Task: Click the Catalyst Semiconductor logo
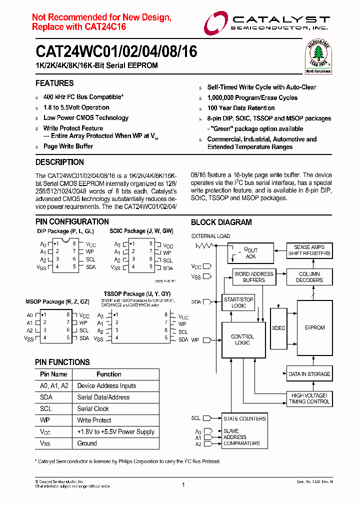tap(266, 23)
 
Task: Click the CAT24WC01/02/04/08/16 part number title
tap(116, 51)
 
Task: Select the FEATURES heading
tap(54, 83)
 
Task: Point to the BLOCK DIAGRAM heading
tap(221, 222)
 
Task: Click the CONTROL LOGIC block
tap(242, 340)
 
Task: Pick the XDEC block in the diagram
tap(278, 328)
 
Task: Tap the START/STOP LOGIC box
tap(238, 302)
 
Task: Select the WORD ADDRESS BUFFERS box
tap(254, 277)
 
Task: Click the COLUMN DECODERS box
tap(309, 277)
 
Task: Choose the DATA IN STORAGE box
tap(309, 374)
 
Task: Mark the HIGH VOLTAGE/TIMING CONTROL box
tap(309, 398)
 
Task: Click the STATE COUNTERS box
tap(244, 418)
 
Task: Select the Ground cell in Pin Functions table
tap(87, 443)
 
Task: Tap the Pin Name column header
tap(53, 374)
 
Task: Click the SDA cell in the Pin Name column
tap(46, 397)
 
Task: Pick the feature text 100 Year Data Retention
tap(241, 108)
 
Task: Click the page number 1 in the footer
tap(183, 485)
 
